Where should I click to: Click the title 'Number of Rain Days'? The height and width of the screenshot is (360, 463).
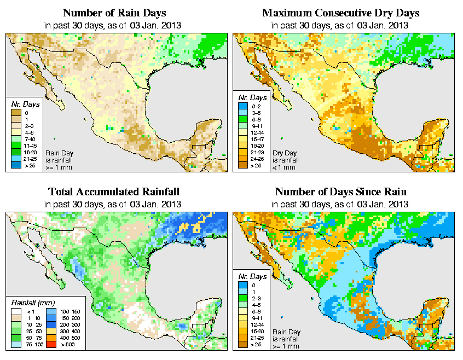[114, 13]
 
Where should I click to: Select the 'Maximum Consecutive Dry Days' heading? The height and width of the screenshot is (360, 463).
[341, 13]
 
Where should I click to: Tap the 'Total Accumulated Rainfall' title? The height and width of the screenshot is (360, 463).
[114, 192]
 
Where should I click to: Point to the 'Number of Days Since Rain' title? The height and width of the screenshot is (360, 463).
[341, 192]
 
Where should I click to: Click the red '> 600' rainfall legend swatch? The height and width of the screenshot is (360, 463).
[51, 345]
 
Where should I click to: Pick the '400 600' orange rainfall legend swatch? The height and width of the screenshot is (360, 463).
[51, 339]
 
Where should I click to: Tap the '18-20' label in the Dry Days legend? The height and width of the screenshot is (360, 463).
[257, 146]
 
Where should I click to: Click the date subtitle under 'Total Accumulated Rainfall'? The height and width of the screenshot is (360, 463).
[114, 204]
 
